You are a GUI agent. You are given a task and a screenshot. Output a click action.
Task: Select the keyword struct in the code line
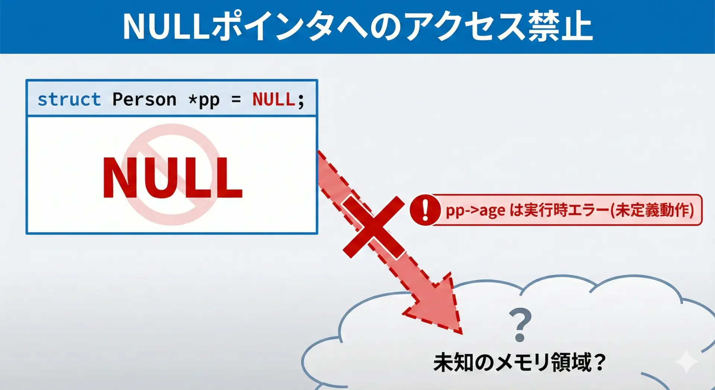point(69,99)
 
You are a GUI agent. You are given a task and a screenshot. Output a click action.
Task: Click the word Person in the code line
point(144,99)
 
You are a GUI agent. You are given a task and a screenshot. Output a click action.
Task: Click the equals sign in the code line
point(236,100)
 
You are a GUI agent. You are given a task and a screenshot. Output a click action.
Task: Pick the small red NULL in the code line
point(274,99)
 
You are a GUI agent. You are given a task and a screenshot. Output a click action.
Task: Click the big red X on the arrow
point(374,227)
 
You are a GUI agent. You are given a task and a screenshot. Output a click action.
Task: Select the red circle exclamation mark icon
point(425,210)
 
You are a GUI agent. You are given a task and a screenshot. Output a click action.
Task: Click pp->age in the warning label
point(476,211)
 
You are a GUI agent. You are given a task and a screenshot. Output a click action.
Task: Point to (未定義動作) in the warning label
point(652,210)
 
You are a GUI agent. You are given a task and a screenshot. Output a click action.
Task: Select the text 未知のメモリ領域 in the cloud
point(512,362)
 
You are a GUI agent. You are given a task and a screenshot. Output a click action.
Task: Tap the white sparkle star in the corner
point(686,361)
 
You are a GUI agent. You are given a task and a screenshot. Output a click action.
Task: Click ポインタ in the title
point(272,26)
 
